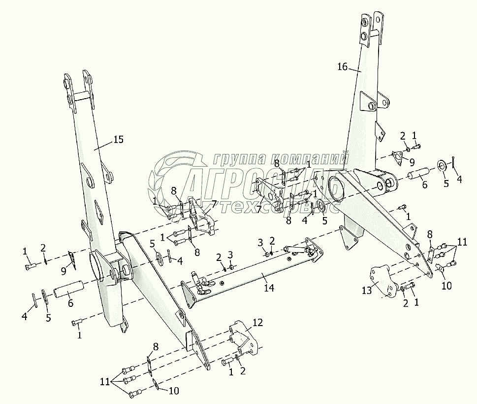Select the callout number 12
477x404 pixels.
click(x=258, y=323)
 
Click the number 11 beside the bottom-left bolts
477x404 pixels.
click(x=105, y=382)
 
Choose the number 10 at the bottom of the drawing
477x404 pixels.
click(x=174, y=391)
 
